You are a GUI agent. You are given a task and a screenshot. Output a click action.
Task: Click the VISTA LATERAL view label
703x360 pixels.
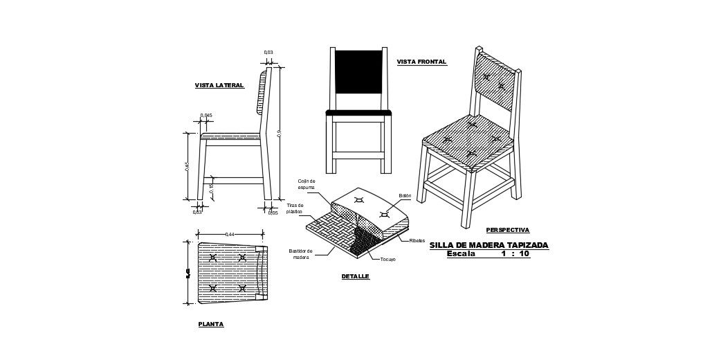219,85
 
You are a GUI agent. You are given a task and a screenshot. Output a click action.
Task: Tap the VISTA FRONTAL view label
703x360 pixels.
421,62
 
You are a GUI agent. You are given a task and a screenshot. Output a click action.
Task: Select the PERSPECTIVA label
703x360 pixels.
507,230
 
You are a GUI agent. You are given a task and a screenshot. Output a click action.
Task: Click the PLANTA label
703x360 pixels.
210,324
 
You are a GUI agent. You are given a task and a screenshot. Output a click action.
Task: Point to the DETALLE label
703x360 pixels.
355,276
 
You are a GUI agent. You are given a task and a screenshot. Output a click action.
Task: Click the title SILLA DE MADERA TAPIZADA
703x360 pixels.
489,245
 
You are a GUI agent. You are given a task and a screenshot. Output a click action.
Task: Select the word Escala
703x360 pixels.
461,254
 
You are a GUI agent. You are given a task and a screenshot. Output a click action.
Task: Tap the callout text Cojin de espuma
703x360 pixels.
307,184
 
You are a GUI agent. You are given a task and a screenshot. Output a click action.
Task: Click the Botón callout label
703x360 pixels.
405,196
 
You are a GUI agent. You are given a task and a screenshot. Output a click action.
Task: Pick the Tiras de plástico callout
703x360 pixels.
295,208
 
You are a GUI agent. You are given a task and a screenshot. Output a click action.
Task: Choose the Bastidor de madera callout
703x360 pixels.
300,254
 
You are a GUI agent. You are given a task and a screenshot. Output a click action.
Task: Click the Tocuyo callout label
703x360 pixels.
388,260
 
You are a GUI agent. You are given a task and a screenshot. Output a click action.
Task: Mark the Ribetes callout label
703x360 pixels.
417,241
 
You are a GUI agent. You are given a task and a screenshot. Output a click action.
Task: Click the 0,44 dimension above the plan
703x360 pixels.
230,235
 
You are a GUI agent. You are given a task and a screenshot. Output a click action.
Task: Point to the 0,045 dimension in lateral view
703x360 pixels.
206,116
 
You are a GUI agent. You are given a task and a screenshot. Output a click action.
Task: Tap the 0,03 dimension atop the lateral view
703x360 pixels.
268,53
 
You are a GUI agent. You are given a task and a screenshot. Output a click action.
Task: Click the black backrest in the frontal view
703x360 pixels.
358,71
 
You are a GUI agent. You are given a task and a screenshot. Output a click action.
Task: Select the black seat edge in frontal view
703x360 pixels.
358,112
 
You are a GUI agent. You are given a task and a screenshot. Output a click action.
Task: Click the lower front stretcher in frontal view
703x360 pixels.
358,155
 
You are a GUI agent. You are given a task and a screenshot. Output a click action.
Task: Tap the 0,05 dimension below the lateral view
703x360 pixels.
273,213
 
